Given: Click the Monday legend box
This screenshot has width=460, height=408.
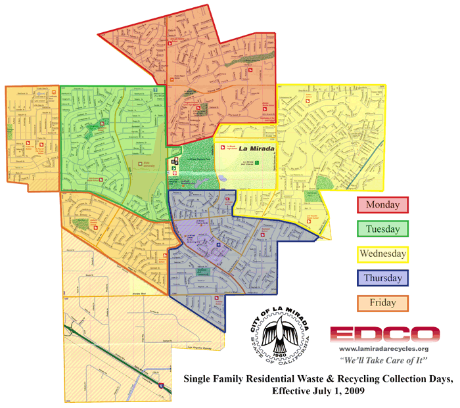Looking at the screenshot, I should (382, 205).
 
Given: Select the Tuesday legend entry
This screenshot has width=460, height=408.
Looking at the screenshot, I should (382, 229).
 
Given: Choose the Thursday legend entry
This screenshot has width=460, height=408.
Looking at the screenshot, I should (382, 278).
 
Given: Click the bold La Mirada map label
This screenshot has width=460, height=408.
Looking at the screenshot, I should (253, 148).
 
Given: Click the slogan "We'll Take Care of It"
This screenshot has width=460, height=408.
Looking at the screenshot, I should (385, 361).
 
